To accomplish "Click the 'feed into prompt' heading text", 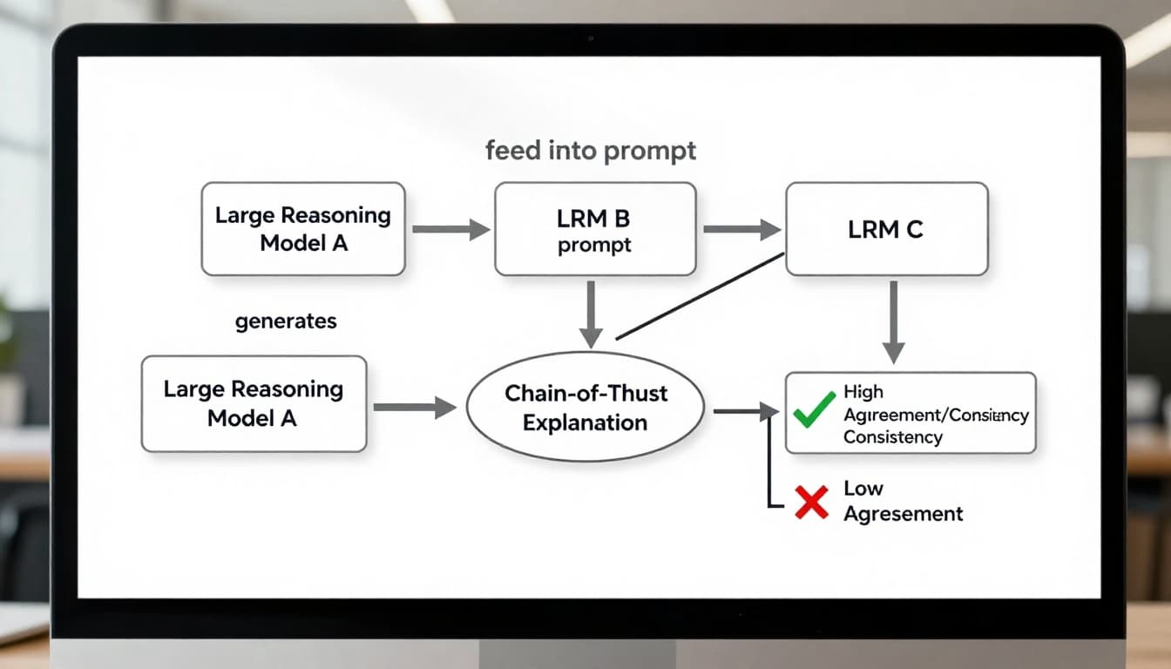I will coord(591,151).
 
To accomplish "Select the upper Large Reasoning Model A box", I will coord(303,229).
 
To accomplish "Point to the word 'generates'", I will coord(286,321).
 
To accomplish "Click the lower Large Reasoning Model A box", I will coord(254,403).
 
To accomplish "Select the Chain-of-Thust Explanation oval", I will coord(585,408).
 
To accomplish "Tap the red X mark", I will coord(811,503).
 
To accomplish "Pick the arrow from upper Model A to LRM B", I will coord(450,230).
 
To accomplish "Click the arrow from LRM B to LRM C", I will coord(741,230).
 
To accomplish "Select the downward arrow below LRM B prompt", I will coord(591,314).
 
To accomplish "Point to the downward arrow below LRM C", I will coord(893,321).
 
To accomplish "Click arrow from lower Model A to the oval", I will coord(414,407).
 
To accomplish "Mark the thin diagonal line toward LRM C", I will coord(700,296).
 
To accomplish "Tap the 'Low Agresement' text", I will coord(903,501).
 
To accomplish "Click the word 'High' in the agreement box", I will coord(863,393).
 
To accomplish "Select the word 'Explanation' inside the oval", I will coord(585,423).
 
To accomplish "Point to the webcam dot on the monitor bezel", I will coord(591,39).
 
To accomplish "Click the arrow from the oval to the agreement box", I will coord(745,411).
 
